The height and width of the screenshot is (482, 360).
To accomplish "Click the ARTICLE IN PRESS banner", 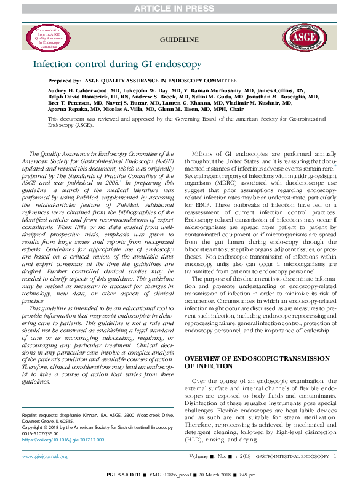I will click(x=180, y=6).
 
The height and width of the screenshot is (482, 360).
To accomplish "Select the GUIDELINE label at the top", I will click(x=178, y=39).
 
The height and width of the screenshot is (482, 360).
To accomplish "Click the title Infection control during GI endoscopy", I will click(x=117, y=64).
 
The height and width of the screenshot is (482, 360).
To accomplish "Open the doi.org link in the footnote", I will click(x=63, y=440).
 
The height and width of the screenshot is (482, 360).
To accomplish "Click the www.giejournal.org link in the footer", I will click(x=46, y=456).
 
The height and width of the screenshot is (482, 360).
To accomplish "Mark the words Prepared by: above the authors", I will click(x=65, y=81).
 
